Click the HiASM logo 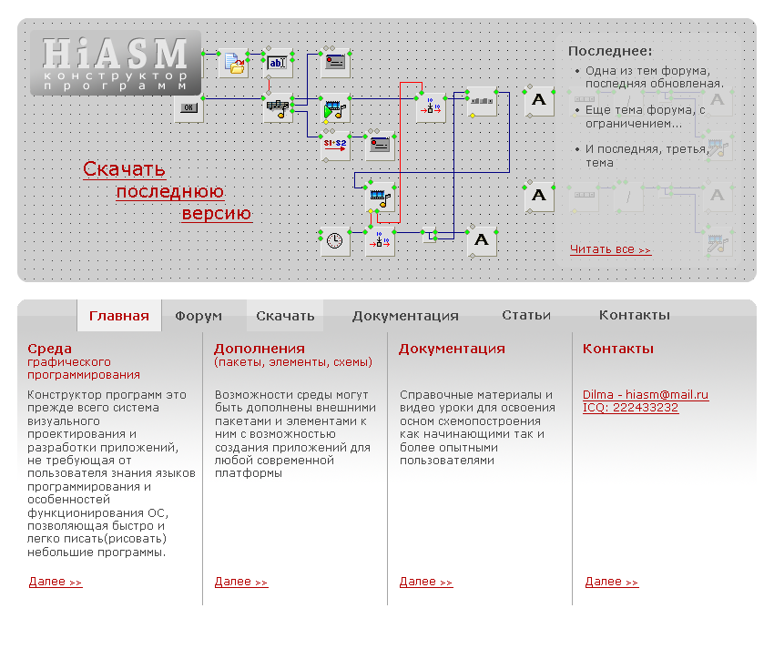(x=115, y=62)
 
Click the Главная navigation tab (x=119, y=316)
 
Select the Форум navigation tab (x=199, y=316)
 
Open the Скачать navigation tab (x=285, y=316)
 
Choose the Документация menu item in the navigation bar (x=405, y=316)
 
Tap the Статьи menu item (x=526, y=315)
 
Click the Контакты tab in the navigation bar (x=635, y=315)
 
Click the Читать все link (x=610, y=249)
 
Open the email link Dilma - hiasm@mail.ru (x=646, y=394)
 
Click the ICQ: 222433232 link (x=630, y=407)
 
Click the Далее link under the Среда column (x=56, y=582)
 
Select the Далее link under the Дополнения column (x=241, y=582)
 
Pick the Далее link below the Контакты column (x=612, y=582)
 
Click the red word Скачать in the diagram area (x=124, y=169)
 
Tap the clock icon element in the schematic (x=335, y=241)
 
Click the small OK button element (x=188, y=108)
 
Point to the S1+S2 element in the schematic (x=335, y=145)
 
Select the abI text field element (x=278, y=62)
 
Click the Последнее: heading (x=610, y=52)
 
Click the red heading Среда (x=49, y=349)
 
